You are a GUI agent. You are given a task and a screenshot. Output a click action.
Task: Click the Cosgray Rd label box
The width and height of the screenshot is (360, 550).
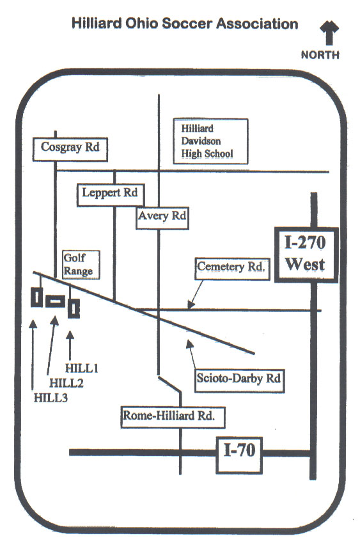coord(70,150)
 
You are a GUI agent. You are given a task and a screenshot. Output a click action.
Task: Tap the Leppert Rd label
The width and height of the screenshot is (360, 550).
coord(111,194)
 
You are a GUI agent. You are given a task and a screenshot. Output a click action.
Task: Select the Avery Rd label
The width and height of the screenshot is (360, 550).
coord(162,218)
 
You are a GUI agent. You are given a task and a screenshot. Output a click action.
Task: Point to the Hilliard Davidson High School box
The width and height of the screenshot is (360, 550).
coord(210,141)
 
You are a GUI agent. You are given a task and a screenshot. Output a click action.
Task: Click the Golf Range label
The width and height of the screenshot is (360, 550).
coord(81,265)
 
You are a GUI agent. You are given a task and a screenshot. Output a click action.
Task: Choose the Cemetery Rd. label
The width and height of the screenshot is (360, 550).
coord(232,269)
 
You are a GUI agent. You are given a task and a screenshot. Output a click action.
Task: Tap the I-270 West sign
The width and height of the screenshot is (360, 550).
coord(306,255)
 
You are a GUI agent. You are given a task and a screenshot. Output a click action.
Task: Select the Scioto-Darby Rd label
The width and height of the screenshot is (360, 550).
coord(240,381)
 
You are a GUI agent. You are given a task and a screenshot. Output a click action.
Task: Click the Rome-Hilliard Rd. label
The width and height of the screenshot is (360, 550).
coord(173,418)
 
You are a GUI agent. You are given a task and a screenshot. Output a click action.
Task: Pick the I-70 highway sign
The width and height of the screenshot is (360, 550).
coord(239,455)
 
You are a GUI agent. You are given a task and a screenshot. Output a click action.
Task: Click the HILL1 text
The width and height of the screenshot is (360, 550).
coord(81,368)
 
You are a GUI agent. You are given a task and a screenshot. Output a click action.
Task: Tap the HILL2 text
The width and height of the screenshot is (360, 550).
coord(67,383)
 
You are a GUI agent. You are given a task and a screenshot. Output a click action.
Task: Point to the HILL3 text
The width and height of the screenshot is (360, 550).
coord(51,398)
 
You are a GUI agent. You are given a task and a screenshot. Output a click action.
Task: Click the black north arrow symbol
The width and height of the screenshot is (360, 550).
coord(329,33)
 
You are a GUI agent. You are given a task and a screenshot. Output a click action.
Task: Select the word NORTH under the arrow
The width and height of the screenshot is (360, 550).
coord(320,55)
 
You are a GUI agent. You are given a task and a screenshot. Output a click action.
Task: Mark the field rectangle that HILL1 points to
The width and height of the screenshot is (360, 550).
coord(74,309)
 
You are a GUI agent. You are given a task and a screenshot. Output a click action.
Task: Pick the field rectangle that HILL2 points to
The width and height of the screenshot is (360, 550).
coord(56,301)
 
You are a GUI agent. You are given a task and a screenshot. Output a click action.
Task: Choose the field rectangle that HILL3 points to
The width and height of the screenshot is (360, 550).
coord(37,297)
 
